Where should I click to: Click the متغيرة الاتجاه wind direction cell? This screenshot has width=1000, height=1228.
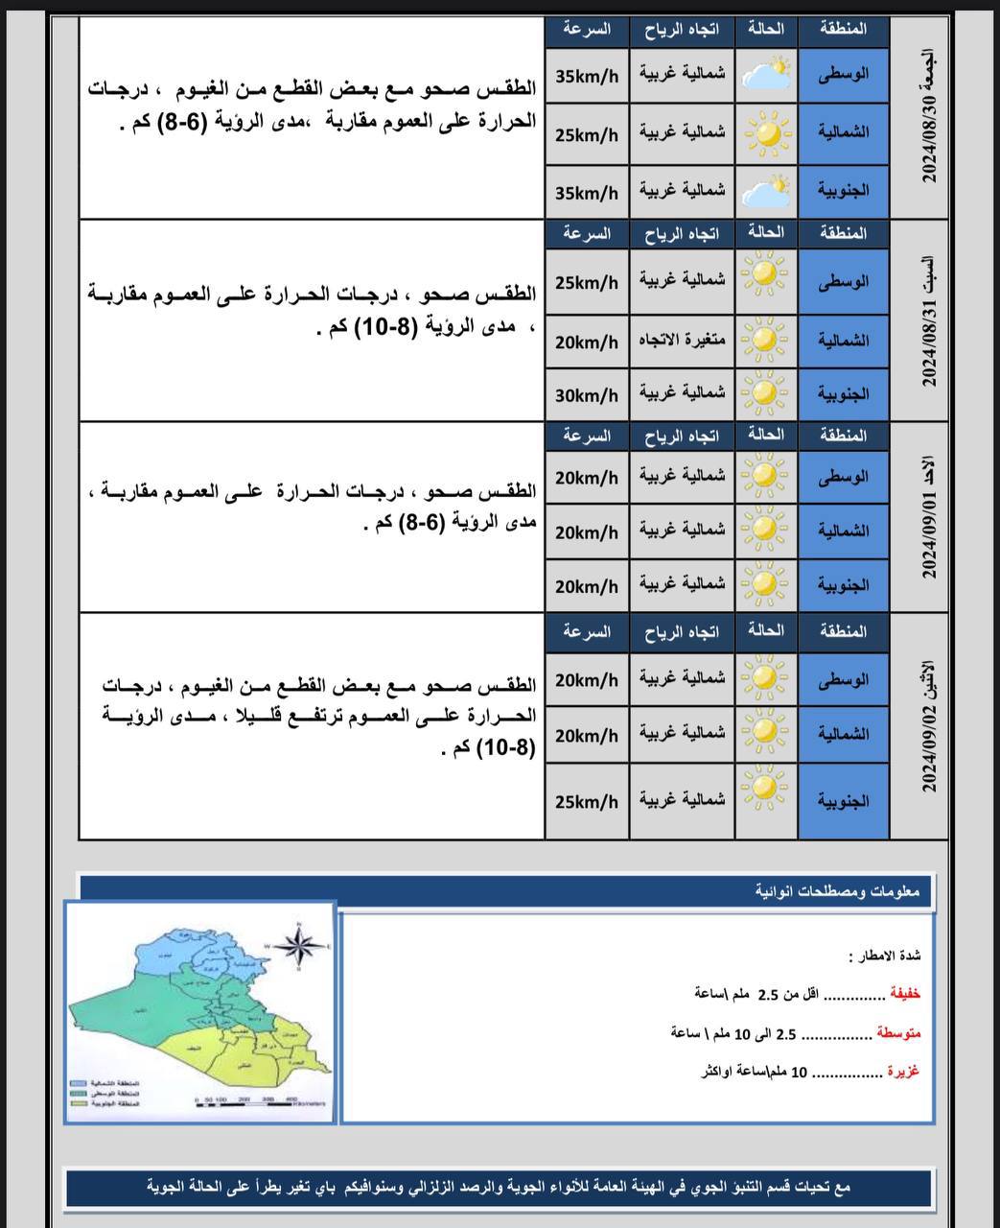[x=682, y=340]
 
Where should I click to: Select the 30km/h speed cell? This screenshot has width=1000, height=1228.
[x=587, y=394]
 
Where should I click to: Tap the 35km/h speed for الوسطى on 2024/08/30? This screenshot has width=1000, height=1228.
[x=587, y=75]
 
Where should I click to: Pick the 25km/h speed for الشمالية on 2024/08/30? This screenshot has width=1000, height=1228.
[x=587, y=133]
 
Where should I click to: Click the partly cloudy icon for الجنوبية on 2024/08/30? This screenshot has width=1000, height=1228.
[x=766, y=191]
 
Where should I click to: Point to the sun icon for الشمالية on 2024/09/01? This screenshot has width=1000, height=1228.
[x=766, y=531]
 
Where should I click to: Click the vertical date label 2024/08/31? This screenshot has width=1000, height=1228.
[x=927, y=321]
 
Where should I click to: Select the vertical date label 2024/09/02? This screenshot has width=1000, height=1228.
[x=927, y=726]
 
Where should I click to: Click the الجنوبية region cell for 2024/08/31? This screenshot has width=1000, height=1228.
[x=844, y=393]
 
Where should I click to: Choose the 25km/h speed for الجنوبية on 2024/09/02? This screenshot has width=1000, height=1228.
[x=587, y=801]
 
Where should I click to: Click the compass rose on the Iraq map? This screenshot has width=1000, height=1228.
[x=304, y=945]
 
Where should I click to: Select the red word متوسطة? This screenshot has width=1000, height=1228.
[x=898, y=1033]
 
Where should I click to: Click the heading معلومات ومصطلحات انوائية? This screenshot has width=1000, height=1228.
[x=837, y=892]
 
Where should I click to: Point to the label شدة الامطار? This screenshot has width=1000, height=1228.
[x=884, y=956]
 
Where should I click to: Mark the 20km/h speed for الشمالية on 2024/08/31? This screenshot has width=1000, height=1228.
[x=587, y=340]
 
